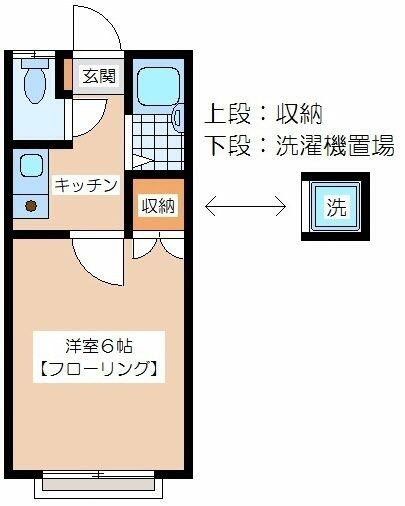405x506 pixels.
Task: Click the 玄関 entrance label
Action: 99,76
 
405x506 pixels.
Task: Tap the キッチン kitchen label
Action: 86,185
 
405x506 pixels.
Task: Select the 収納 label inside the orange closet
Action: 158,206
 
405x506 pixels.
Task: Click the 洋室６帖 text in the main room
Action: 99,347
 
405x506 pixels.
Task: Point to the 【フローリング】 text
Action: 99,369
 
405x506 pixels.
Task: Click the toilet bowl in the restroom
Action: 35,82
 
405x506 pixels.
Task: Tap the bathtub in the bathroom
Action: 158,87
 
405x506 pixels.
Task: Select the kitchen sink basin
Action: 31,165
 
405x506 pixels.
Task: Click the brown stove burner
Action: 31,206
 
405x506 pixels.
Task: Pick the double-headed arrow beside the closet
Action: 245,207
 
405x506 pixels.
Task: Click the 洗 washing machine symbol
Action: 336,207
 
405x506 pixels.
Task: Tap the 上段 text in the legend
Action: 228,114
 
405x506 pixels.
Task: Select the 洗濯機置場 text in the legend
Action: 335,146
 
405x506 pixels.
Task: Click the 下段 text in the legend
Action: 228,146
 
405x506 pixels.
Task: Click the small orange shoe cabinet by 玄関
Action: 68,75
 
